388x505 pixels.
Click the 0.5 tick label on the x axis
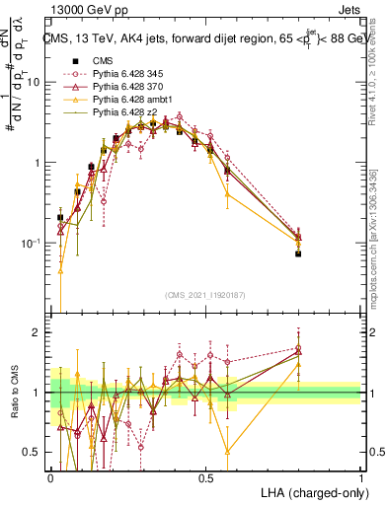coord(205,476)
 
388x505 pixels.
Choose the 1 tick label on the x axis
coord(360,476)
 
